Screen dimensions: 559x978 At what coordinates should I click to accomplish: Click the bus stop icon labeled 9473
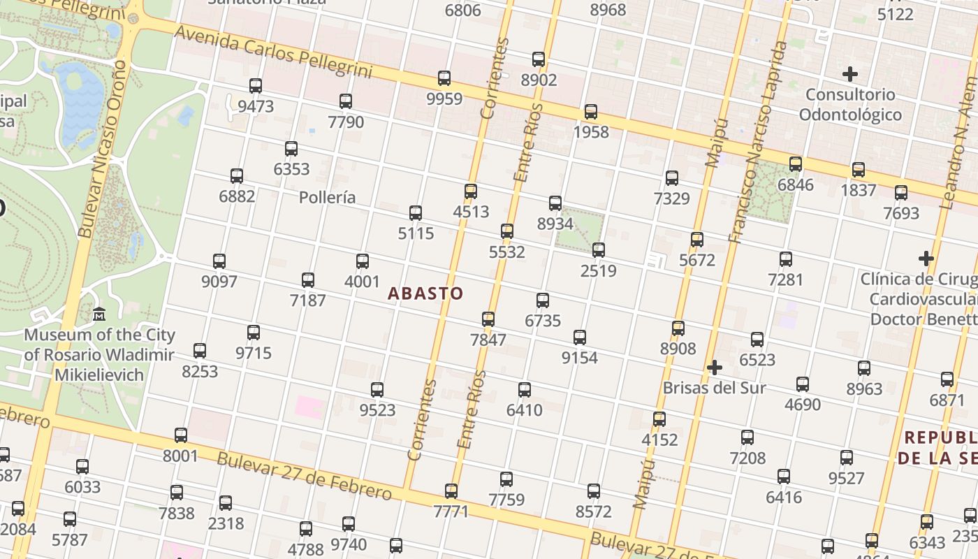click(x=256, y=86)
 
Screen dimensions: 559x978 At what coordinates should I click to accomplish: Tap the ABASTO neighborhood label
click(x=425, y=293)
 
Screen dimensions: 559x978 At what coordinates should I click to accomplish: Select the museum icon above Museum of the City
click(x=99, y=315)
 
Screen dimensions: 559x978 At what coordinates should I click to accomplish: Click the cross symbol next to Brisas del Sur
click(x=714, y=368)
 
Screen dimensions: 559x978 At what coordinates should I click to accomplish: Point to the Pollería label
click(x=327, y=198)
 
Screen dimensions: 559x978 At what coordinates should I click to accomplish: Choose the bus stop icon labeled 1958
click(x=591, y=111)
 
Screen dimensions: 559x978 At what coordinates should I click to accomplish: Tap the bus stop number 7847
click(x=488, y=340)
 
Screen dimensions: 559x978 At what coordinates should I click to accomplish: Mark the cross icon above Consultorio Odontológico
click(x=850, y=73)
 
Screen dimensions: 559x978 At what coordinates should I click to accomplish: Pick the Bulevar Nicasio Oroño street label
click(x=103, y=148)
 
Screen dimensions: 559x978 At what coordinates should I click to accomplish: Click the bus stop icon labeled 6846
click(x=796, y=164)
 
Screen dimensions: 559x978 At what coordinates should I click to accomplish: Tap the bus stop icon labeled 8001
click(x=181, y=435)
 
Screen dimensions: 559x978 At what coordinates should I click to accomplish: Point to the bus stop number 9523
click(x=377, y=410)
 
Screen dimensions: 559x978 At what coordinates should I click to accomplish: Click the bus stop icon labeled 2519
click(x=599, y=250)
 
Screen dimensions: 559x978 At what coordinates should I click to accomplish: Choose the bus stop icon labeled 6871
click(x=947, y=379)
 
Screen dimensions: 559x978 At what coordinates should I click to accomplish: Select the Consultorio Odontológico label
click(x=850, y=104)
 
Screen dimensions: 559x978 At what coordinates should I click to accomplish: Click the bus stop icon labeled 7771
click(x=451, y=491)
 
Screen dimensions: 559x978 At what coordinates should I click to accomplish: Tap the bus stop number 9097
click(x=219, y=282)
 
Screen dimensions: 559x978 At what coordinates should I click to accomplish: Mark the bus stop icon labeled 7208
click(x=747, y=437)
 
